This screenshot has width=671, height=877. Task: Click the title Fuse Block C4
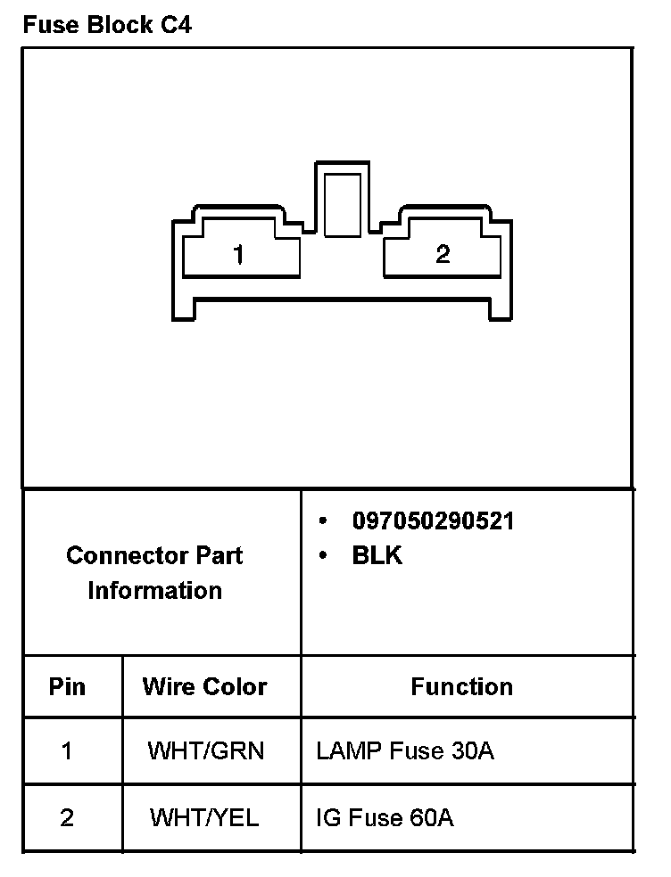coord(107,25)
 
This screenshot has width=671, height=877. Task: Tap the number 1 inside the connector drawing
coord(237,255)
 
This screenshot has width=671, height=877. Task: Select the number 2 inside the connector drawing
coord(443,255)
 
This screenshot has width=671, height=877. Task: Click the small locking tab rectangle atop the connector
coord(343,205)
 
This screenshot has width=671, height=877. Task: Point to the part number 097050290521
coord(433,521)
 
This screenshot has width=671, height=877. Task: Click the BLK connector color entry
coord(377,556)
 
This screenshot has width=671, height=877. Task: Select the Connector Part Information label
coord(154,573)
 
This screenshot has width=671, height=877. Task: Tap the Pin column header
coord(67,687)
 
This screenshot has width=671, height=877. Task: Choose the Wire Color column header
coord(204,687)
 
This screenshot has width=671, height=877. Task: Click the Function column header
coord(461,687)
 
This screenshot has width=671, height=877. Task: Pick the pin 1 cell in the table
coord(67,751)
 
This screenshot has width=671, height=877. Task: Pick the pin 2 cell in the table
coord(67,818)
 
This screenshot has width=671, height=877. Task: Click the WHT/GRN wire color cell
coord(206,751)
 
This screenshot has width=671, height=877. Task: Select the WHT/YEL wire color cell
coord(204,818)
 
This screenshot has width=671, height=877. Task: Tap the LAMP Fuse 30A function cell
coord(404,751)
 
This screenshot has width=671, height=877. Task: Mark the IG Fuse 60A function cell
coord(385,818)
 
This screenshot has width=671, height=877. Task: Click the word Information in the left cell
coord(154,591)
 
